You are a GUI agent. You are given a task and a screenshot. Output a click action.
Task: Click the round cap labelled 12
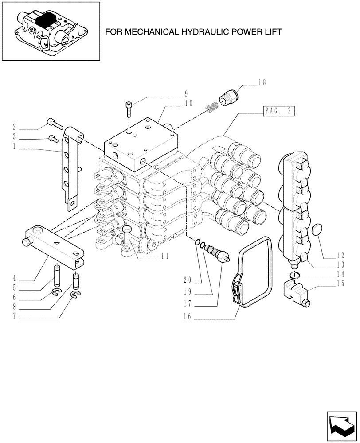318,231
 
